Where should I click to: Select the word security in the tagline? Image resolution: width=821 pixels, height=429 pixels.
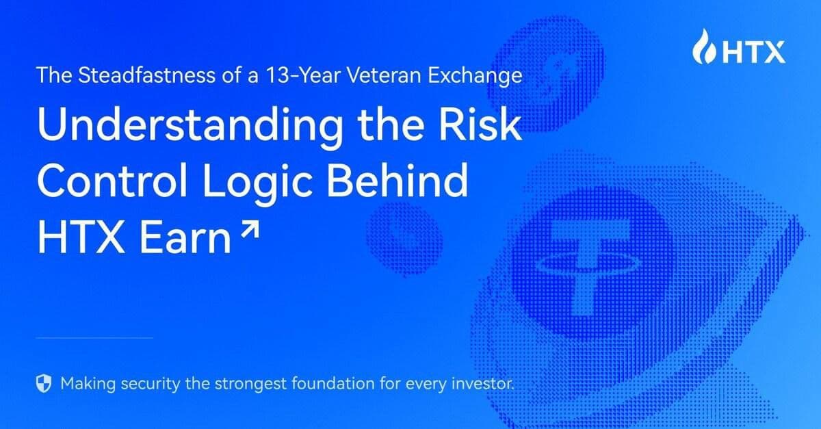153,383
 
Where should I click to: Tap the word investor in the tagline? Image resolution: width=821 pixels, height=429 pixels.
484,383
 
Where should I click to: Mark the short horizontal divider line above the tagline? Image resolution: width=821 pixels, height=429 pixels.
94,337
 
